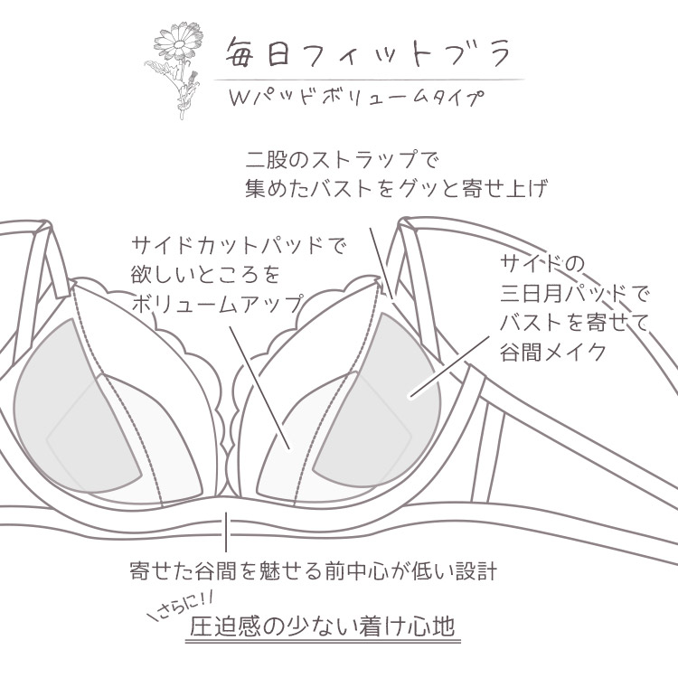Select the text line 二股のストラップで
point(341,163)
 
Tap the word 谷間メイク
point(552,352)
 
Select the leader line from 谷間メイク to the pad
point(441,380)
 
